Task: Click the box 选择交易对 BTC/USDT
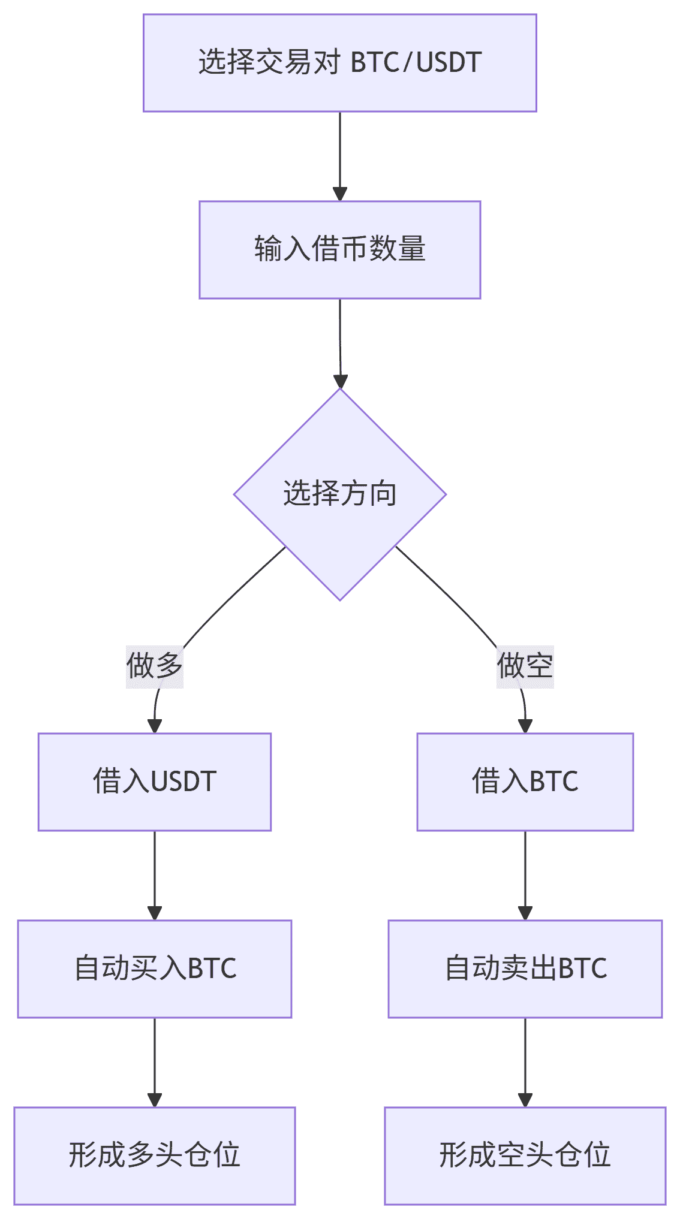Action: (339, 63)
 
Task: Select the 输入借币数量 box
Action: (339, 249)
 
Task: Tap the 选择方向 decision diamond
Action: (339, 494)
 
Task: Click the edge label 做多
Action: (154, 666)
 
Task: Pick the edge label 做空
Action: (525, 666)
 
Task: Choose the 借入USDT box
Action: (154, 782)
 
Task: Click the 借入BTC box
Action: (525, 782)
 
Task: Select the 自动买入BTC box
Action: (154, 968)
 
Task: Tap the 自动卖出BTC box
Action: (525, 968)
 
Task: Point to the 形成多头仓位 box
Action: (154, 1155)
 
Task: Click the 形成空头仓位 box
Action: (525, 1155)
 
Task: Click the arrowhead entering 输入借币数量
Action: (340, 194)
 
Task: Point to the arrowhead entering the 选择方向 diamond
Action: (341, 381)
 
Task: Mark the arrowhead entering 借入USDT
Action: (155, 726)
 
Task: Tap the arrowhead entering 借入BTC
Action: (525, 726)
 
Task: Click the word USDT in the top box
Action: (449, 63)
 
